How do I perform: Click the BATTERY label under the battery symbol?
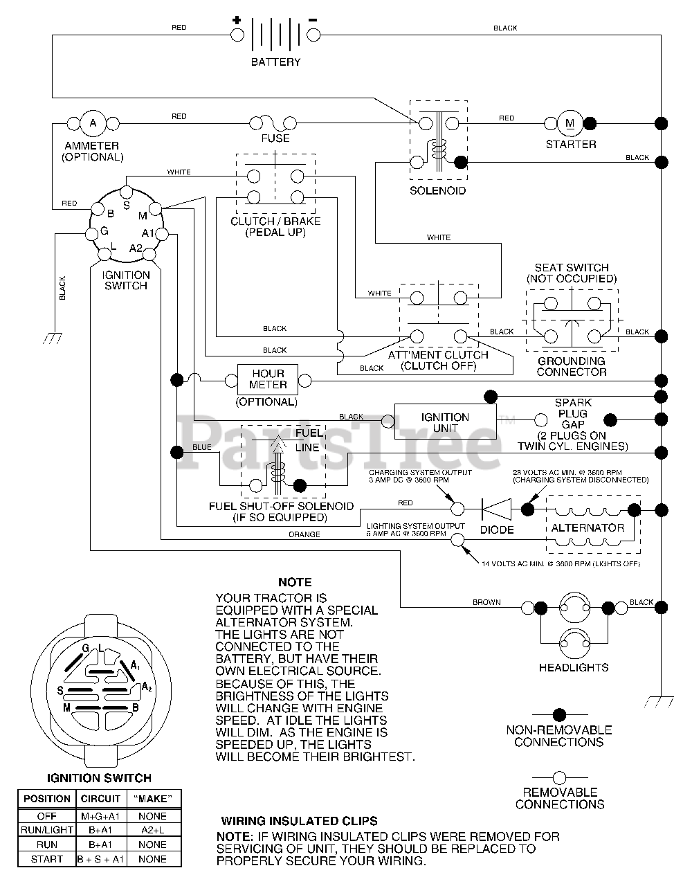tap(275, 62)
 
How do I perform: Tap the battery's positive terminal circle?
tap(237, 35)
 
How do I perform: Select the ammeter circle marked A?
tap(93, 123)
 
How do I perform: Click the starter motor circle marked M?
tap(570, 123)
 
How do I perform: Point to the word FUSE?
tap(275, 138)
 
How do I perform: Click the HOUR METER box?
tap(268, 379)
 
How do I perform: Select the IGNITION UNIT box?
tap(446, 422)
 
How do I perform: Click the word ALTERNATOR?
tap(588, 528)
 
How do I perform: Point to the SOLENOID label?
tap(438, 191)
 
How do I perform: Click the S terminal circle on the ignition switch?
tap(127, 191)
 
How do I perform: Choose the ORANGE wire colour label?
tap(304, 534)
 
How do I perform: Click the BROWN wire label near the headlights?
tap(486, 602)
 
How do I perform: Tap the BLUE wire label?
tap(202, 447)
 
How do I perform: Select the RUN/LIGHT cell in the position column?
tap(47, 830)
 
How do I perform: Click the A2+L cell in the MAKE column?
tap(152, 830)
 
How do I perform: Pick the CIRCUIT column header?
tap(100, 799)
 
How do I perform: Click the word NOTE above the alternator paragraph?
tap(295, 582)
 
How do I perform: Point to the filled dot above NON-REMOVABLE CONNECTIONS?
tap(560, 715)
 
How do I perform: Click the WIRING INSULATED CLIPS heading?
tap(299, 821)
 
